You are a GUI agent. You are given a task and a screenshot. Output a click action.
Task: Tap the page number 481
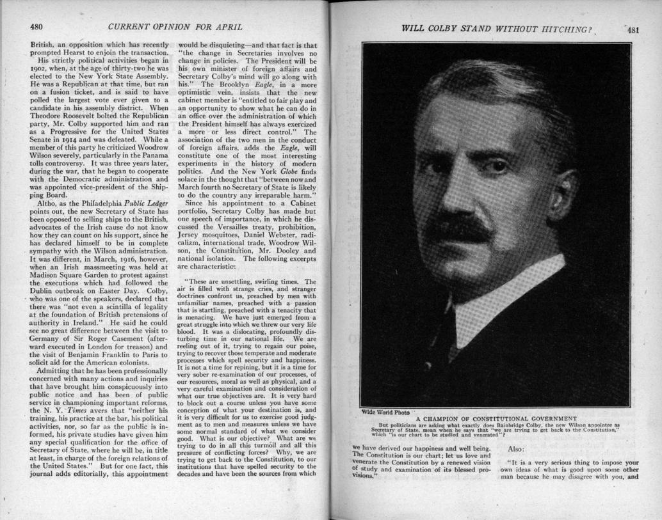point(633,29)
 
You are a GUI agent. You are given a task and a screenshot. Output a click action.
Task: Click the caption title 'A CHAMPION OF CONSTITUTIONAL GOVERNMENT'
point(496,418)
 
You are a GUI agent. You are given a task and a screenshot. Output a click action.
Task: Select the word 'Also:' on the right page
point(517,450)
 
